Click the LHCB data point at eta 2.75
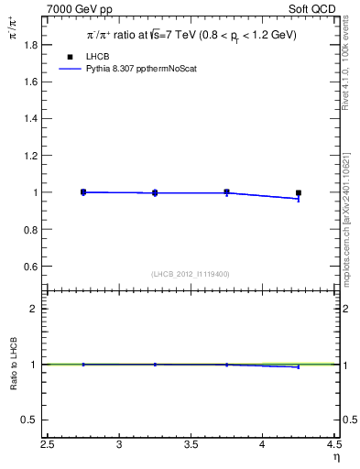[83, 192]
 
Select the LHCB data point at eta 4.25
[299, 193]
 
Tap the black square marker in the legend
[70, 57]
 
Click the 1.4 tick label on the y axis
[30, 118]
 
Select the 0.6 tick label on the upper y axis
[30, 267]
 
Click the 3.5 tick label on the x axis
[191, 445]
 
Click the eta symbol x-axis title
[335, 457]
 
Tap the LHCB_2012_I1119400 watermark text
[191, 274]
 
